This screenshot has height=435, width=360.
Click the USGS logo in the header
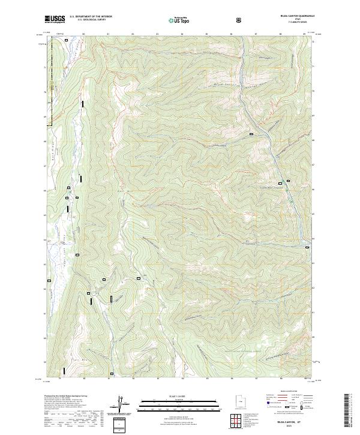click(55, 19)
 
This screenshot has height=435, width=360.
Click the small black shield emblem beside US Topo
click(240, 19)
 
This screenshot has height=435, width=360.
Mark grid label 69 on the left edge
click(44, 116)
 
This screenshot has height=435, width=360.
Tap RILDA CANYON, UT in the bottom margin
click(286, 422)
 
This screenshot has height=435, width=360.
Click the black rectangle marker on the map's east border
click(307, 246)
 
